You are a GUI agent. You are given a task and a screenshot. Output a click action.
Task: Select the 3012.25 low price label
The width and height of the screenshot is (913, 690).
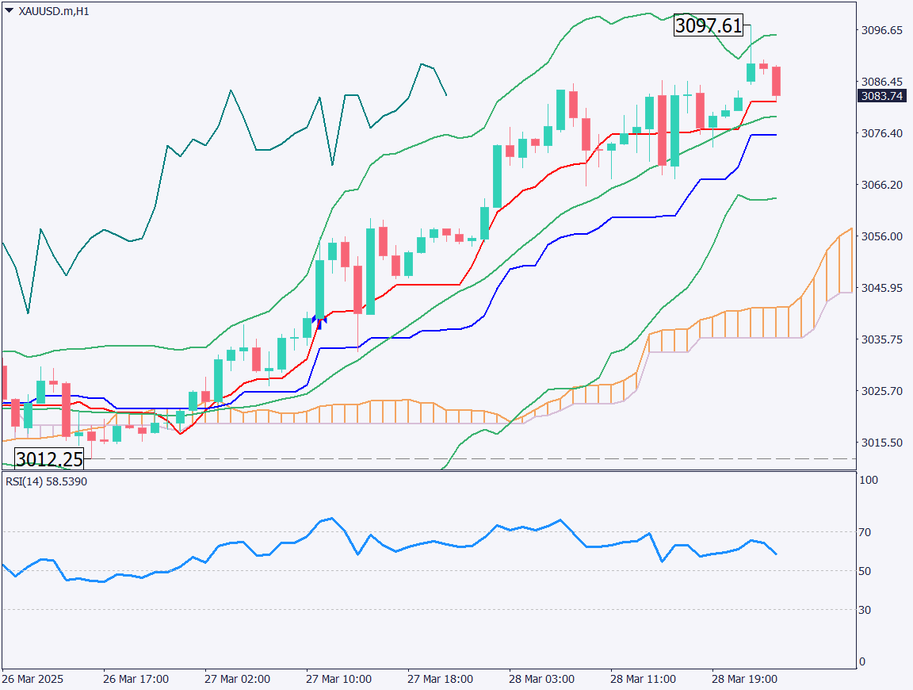pyautogui.click(x=48, y=459)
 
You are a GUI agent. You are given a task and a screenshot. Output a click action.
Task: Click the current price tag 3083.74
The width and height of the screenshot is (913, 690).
pyautogui.click(x=882, y=96)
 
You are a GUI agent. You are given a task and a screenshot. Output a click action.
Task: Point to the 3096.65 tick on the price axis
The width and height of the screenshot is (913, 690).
pyautogui.click(x=881, y=30)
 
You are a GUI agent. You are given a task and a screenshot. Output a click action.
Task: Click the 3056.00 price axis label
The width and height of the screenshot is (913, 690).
pyautogui.click(x=881, y=236)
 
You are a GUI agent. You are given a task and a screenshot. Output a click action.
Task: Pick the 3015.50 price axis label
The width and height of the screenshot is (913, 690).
pyautogui.click(x=881, y=443)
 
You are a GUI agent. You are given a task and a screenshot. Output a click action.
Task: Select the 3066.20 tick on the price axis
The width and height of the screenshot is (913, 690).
pyautogui.click(x=881, y=185)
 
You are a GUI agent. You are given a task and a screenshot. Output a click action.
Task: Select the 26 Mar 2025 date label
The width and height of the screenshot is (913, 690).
pyautogui.click(x=32, y=680)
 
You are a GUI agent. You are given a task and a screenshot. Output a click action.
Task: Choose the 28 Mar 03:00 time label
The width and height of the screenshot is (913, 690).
pyautogui.click(x=542, y=680)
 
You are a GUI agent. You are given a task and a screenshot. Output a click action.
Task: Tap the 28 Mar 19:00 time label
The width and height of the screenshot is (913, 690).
pyautogui.click(x=744, y=680)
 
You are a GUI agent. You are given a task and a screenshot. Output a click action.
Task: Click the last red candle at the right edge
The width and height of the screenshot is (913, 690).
pyautogui.click(x=777, y=82)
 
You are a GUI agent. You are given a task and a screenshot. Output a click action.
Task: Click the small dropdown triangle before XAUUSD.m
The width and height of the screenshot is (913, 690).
pyautogui.click(x=10, y=11)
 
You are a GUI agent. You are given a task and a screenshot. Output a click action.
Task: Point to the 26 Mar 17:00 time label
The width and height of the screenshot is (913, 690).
pyautogui.click(x=136, y=680)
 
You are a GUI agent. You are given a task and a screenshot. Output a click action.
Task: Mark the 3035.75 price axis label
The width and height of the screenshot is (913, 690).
pyautogui.click(x=881, y=339)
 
